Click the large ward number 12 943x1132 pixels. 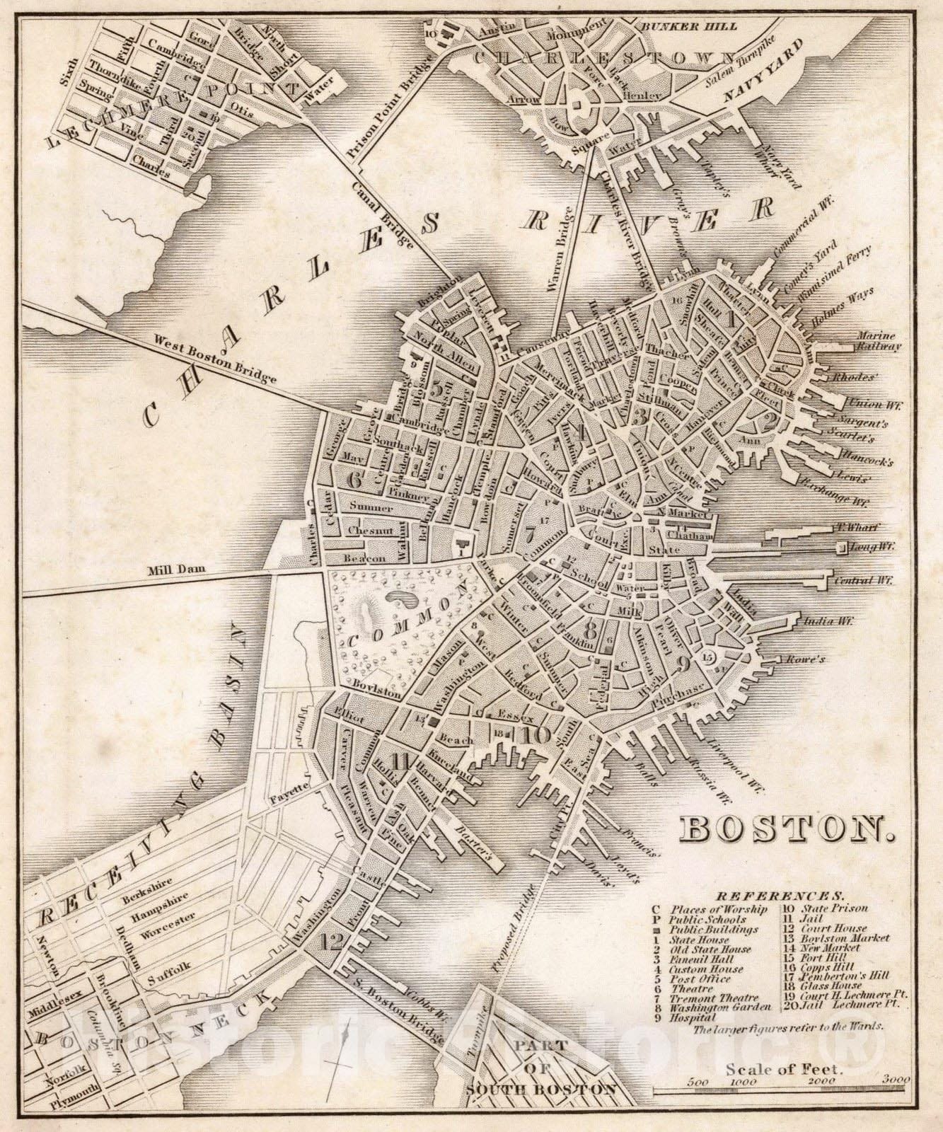331,941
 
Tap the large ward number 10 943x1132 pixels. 538,734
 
